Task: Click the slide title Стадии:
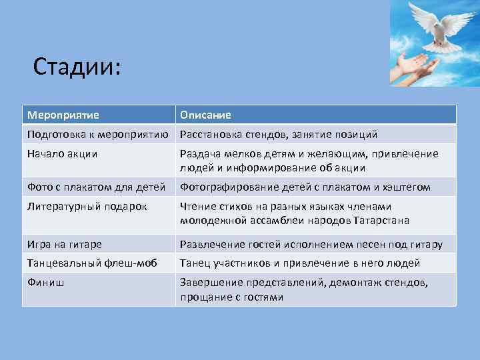tap(77, 67)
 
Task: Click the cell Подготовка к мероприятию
tap(97, 135)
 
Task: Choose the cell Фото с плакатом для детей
tap(97, 187)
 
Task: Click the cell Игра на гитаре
tap(65, 244)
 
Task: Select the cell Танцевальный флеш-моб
tap(92, 263)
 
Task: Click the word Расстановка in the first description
tap(212, 135)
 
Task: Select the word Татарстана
tap(379, 220)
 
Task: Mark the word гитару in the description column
tap(426, 244)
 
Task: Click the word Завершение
tap(212, 283)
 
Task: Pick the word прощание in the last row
tap(205, 297)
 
